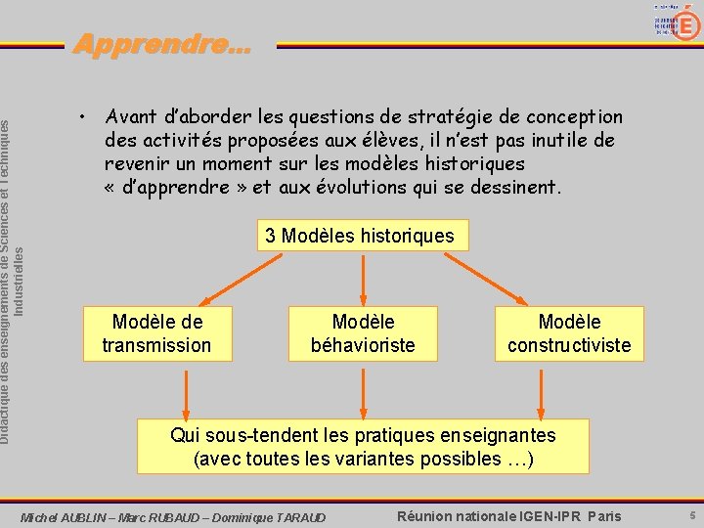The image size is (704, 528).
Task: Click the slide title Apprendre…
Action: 161,44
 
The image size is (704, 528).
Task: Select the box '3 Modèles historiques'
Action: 359,236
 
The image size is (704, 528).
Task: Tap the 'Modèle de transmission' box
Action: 156,333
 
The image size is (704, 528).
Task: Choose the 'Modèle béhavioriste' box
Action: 363,333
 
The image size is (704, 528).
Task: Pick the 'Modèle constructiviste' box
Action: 569,333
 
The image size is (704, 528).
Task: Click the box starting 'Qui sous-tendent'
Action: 363,447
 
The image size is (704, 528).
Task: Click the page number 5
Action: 690,515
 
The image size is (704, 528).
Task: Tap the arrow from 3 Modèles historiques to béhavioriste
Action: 363,279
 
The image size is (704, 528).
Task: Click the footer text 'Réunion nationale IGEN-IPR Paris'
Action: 508,515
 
